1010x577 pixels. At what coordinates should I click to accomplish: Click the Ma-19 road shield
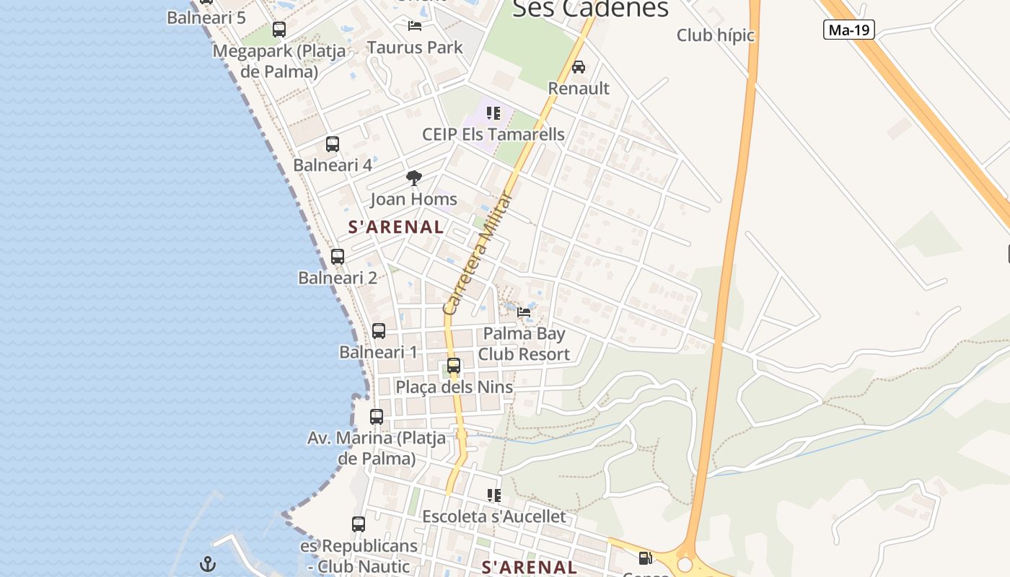(x=850, y=30)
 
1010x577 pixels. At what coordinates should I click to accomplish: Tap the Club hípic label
(x=715, y=35)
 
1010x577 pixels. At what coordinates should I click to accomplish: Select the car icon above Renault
(x=578, y=67)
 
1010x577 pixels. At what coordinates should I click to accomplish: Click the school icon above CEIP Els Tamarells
(x=493, y=113)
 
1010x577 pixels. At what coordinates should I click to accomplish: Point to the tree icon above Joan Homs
(x=413, y=177)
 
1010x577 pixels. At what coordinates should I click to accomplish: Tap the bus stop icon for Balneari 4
(x=332, y=144)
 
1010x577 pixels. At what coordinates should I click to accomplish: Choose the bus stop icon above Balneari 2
(x=337, y=257)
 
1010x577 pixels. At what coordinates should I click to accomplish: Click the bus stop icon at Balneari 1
(x=378, y=331)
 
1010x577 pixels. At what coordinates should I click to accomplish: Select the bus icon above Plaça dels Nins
(x=453, y=366)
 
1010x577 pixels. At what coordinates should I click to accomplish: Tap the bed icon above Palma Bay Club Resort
(x=524, y=312)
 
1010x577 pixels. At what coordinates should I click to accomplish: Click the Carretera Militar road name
(x=477, y=254)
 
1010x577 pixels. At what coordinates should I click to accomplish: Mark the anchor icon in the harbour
(x=208, y=564)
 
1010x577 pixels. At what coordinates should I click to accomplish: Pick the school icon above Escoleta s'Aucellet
(x=493, y=495)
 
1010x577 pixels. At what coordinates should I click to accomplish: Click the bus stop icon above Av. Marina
(x=376, y=417)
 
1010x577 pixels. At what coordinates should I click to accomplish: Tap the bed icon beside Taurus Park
(x=415, y=26)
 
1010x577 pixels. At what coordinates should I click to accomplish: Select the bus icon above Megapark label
(x=278, y=30)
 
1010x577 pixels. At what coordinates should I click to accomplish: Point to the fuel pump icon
(x=645, y=558)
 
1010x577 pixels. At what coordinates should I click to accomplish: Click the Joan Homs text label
(x=413, y=199)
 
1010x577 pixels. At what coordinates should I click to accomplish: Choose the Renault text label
(x=579, y=88)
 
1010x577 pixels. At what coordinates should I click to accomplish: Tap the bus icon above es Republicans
(x=358, y=524)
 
